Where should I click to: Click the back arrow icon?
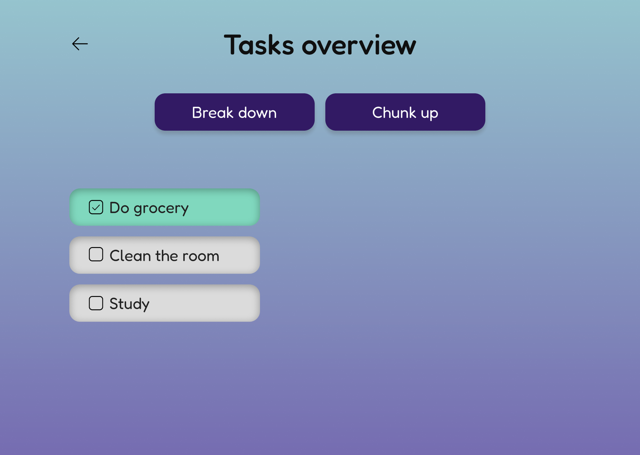(80, 44)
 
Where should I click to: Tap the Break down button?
(235, 112)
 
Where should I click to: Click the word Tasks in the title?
(259, 45)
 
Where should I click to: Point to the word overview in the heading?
(359, 45)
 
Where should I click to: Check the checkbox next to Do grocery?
(96, 207)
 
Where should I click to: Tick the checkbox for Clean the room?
(96, 254)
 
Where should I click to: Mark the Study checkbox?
(96, 303)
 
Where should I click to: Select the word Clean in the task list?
(130, 256)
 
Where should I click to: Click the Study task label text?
(129, 304)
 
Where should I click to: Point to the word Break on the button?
(213, 112)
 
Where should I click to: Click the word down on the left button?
(257, 112)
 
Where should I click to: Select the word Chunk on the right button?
(394, 112)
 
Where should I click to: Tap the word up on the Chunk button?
(429, 114)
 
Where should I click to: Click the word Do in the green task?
(119, 208)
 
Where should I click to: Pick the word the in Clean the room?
(167, 256)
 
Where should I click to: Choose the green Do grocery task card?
(165, 207)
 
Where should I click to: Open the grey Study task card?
(165, 303)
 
